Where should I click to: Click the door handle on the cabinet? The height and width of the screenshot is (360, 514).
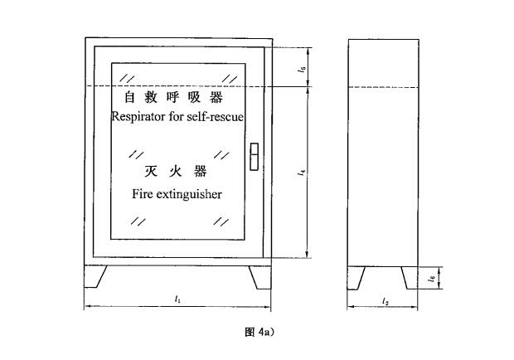click(x=254, y=157)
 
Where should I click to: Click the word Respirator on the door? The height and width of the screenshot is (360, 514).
click(x=138, y=117)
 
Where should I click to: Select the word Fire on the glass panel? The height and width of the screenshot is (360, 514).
click(x=141, y=194)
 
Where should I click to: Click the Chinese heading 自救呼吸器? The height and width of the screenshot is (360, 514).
click(x=174, y=97)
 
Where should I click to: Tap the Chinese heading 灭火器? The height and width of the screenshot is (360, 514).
click(x=176, y=171)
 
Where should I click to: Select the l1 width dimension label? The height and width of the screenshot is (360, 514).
click(x=177, y=299)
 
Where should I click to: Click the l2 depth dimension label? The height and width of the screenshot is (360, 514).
click(x=385, y=301)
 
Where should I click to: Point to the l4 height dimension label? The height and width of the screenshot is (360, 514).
click(x=302, y=172)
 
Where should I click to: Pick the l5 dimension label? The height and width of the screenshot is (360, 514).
click(x=303, y=69)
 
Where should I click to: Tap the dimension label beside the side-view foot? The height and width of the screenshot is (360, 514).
click(x=432, y=279)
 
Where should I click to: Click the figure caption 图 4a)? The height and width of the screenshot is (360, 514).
click(x=259, y=332)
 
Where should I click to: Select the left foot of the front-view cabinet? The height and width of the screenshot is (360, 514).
click(x=95, y=277)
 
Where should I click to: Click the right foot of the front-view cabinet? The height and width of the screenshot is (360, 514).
click(x=260, y=278)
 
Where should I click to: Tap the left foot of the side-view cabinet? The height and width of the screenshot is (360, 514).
click(x=356, y=279)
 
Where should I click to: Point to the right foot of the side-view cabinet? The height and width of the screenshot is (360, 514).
click(x=410, y=278)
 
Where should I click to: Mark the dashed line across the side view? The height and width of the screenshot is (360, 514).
click(x=383, y=87)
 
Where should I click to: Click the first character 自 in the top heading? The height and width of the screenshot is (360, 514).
click(x=130, y=97)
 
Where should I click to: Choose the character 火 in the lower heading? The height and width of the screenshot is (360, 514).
click(x=176, y=172)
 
